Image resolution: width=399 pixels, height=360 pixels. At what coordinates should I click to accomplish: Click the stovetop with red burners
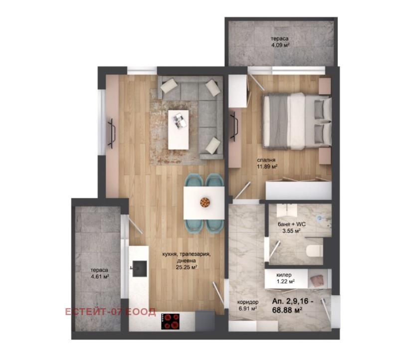(170, 321)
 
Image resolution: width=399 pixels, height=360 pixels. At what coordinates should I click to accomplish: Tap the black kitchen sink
(139, 268)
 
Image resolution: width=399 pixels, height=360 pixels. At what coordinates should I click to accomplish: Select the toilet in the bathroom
(314, 251)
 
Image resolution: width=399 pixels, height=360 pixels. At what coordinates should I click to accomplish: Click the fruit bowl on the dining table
(204, 202)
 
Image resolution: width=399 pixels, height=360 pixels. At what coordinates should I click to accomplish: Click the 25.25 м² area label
(187, 267)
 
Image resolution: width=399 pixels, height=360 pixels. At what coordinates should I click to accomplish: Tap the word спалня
(266, 160)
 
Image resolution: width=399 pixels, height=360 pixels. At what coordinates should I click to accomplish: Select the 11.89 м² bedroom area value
(267, 167)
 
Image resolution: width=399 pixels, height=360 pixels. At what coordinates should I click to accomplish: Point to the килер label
(284, 275)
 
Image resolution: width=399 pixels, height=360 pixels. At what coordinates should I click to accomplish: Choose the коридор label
(247, 302)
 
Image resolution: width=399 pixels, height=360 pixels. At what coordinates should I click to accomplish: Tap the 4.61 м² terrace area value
(100, 277)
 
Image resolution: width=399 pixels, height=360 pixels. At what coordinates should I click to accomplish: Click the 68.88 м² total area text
(287, 310)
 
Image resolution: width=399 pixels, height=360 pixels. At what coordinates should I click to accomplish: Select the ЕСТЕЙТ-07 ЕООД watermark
(110, 312)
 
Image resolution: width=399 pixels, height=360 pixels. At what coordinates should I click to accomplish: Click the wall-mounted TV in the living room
(112, 133)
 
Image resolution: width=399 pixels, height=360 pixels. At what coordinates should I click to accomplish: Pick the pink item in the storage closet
(316, 281)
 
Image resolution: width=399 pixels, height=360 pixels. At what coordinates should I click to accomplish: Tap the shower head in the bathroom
(319, 217)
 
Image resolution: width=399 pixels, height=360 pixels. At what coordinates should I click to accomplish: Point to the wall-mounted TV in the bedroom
(234, 127)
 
